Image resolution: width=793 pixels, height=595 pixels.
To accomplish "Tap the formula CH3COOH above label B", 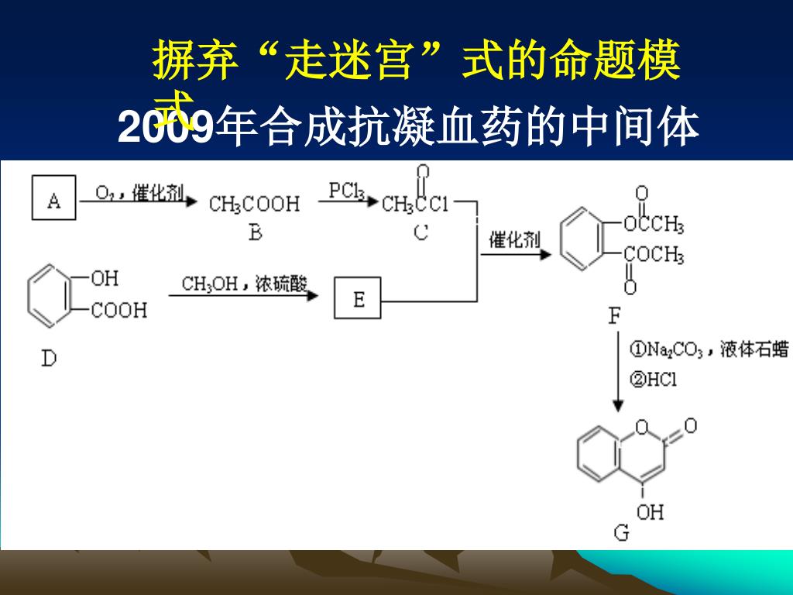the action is pos(254,205).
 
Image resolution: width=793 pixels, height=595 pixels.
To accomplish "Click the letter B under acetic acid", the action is pos(255,232).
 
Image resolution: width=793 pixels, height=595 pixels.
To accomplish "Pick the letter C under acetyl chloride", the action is pos(421,232).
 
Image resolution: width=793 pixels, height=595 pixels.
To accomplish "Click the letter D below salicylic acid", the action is pos(49,358).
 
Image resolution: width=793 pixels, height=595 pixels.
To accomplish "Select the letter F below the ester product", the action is pos(615,317).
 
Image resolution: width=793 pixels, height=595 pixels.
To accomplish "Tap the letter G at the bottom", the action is pos(622,533).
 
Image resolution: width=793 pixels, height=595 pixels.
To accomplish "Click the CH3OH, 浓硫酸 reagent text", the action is pos(245,284).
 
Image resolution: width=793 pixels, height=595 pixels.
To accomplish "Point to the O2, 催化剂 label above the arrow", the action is pos(139,191).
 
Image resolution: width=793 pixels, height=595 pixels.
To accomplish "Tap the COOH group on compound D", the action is pos(118,311).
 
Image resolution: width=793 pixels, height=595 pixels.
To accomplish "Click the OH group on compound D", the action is pos(105,277).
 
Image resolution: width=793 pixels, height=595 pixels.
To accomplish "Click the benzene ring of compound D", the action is pos(52,294).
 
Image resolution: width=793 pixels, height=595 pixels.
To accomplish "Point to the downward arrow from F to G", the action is pos(617,372).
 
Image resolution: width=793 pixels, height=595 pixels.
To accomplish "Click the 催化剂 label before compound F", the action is pos(514,240).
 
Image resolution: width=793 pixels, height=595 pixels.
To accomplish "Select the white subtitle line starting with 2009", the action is pos(409,129).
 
